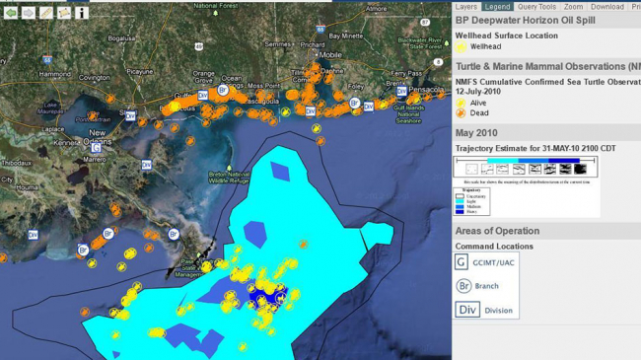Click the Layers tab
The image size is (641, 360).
point(466,7)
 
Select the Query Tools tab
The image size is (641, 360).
point(538,7)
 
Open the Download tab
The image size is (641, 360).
point(606,7)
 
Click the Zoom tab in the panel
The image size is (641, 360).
point(574,7)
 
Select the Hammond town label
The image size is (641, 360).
point(54,74)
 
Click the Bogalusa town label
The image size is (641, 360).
point(121,38)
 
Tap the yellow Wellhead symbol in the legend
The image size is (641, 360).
point(461,46)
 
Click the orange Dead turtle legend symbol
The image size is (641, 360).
point(461,112)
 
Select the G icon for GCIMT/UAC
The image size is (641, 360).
point(462,261)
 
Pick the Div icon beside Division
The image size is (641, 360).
point(468,309)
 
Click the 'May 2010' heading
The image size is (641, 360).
point(476,133)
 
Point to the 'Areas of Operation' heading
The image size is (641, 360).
point(497,231)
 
